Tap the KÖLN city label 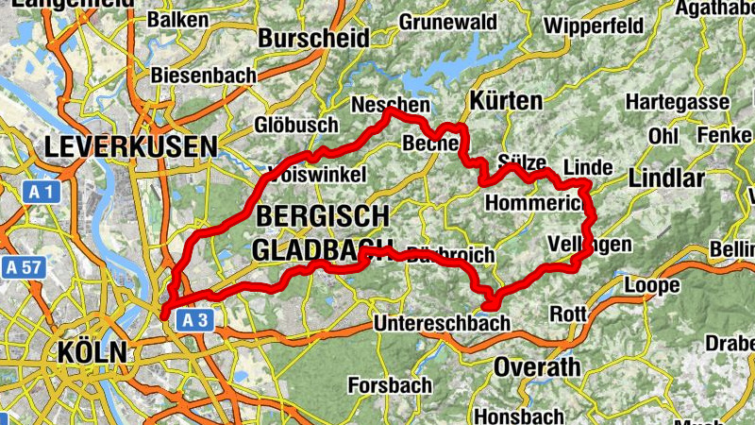coord(92,352)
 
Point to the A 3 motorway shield coord(193,321)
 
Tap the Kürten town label coord(506,100)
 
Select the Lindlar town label coord(666,179)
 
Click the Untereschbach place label coord(442,323)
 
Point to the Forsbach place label coord(390,385)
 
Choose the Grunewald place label coord(448,21)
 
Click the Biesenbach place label coord(198,75)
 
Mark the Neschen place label coord(389,105)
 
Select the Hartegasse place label coord(677,102)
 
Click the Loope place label coord(652,285)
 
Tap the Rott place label coord(567,314)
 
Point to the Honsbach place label coord(519,416)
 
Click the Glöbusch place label coord(296,125)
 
